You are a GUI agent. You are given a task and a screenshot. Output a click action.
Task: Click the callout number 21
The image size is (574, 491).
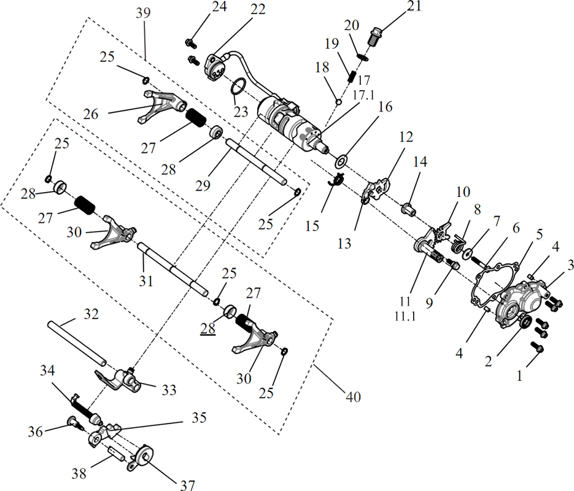[414, 6]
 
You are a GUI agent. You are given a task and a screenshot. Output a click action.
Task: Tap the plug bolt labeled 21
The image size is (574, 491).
[374, 37]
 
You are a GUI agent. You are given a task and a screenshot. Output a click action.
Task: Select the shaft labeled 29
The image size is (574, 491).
[257, 161]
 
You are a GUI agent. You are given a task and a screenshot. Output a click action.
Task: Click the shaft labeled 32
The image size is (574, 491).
[77, 343]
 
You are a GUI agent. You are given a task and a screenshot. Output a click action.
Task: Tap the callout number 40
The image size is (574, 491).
[353, 396]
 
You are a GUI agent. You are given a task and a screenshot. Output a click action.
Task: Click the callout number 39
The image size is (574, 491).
[143, 13]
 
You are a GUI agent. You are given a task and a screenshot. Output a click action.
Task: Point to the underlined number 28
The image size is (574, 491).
[207, 328]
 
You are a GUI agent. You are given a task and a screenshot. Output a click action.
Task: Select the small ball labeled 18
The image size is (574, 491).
[339, 102]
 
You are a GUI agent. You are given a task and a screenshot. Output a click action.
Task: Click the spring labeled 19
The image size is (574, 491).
[351, 76]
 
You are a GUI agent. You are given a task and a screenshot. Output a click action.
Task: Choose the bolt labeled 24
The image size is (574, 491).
[191, 43]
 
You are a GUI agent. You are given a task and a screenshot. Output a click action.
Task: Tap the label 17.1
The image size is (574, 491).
[363, 95]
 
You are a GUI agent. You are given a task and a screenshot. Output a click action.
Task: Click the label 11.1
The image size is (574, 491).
[405, 315]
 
